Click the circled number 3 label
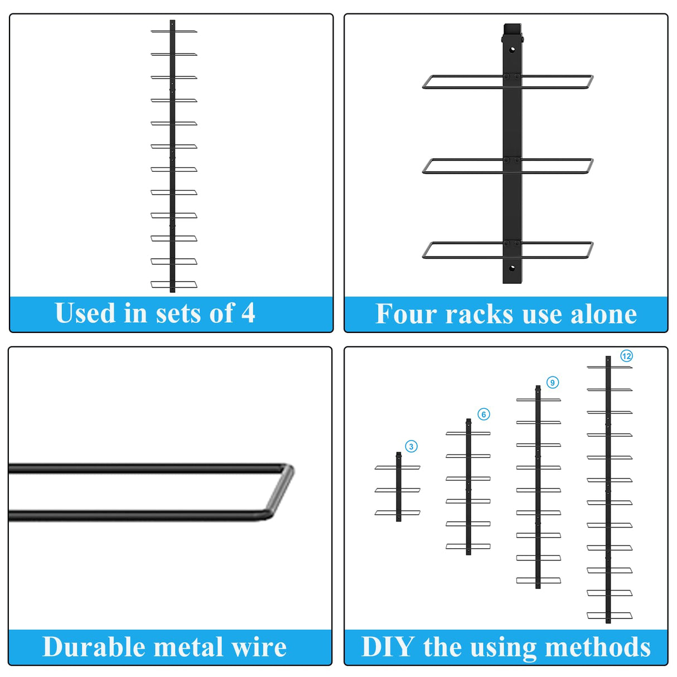pos(412,447)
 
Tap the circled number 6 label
pos(484,414)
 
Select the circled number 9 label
pos(553,383)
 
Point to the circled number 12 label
pos(627,356)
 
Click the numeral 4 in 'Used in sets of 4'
pos(248,313)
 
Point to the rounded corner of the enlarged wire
pos(282,491)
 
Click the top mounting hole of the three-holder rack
pos(512,49)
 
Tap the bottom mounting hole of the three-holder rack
pos(512,268)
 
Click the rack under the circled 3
pos(399,487)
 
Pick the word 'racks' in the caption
pos(479,315)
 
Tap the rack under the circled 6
pos(468,487)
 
